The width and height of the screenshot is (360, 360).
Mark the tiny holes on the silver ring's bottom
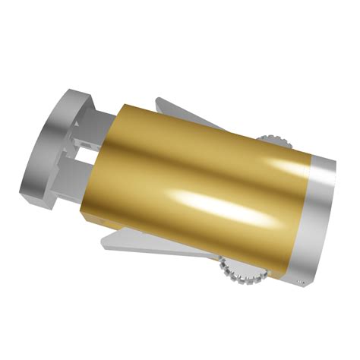299,283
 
